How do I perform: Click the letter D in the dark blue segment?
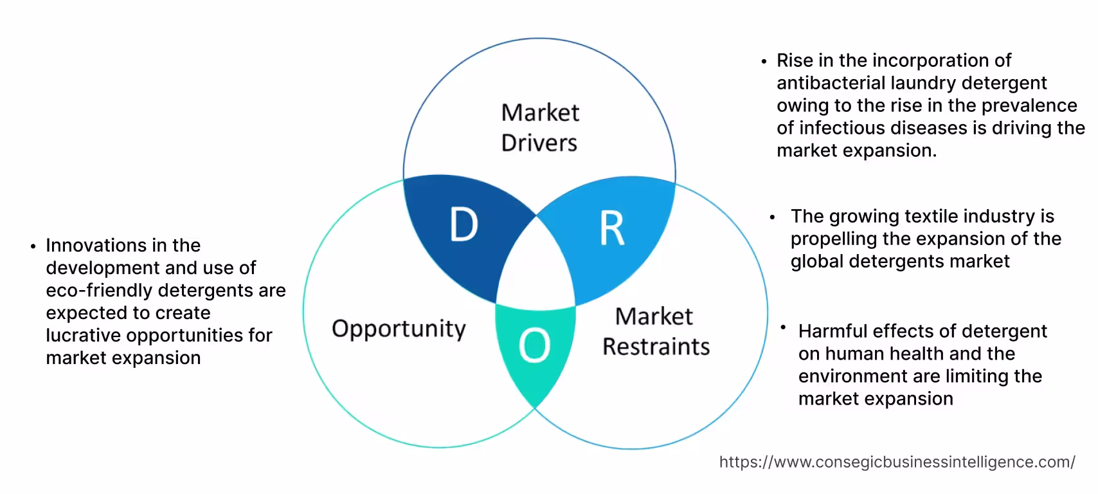coord(464,225)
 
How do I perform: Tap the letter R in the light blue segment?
coord(611,228)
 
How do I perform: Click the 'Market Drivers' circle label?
coord(540,127)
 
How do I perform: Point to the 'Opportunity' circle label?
coord(399,329)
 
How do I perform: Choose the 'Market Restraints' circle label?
coord(656,331)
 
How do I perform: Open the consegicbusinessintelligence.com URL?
coord(897,462)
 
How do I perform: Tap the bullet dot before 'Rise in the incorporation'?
coord(764,62)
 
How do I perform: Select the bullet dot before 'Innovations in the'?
coord(33,246)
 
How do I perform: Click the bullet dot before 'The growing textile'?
coord(773,217)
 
